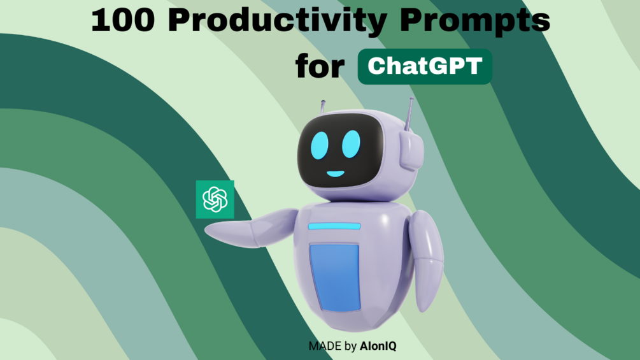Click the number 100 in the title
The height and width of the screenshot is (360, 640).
[123, 20]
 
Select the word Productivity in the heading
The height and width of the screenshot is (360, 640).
[278, 22]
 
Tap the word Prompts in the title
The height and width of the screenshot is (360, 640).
[474, 22]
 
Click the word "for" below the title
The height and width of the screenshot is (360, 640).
[320, 66]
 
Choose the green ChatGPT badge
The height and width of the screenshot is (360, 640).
[425, 66]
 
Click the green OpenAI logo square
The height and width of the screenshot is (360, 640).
[215, 199]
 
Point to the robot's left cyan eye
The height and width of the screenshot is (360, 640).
[319, 145]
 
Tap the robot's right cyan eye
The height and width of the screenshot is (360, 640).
[351, 144]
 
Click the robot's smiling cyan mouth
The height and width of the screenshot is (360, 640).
[336, 173]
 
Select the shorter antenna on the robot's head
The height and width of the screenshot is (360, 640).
[323, 107]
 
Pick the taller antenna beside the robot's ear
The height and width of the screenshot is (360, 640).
[409, 114]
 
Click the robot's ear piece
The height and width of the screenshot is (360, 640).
[411, 151]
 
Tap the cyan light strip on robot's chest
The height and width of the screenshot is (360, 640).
[334, 226]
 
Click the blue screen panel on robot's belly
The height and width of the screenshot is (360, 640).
[335, 277]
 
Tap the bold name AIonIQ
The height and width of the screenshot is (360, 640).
[378, 346]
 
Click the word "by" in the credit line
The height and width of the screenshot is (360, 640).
[351, 347]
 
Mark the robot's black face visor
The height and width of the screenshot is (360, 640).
[340, 151]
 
